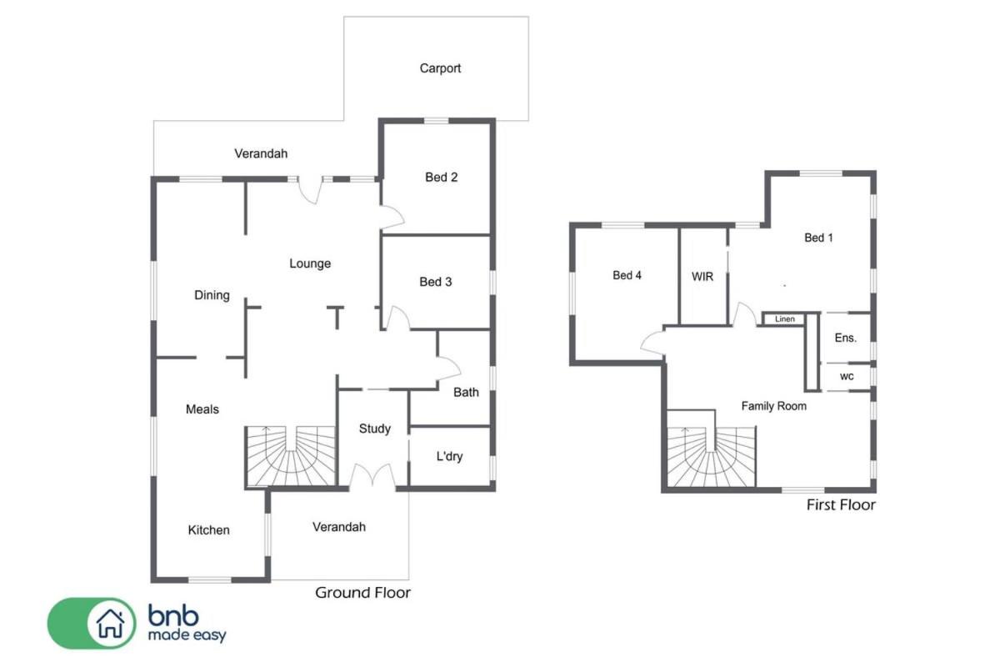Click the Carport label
click(440, 68)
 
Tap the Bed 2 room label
click(441, 178)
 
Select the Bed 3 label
click(435, 282)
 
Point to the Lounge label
click(310, 263)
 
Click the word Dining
click(212, 295)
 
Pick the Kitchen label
click(208, 530)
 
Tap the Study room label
click(374, 429)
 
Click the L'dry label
click(449, 456)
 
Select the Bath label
click(466, 393)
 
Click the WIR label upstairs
click(702, 277)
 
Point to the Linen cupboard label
click(784, 318)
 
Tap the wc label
click(847, 377)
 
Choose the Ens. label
click(846, 339)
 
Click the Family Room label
click(773, 406)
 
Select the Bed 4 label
click(627, 276)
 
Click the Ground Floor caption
click(362, 593)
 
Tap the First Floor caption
click(841, 505)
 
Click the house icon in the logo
click(110, 624)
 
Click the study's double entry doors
click(372, 476)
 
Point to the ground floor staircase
click(290, 456)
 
